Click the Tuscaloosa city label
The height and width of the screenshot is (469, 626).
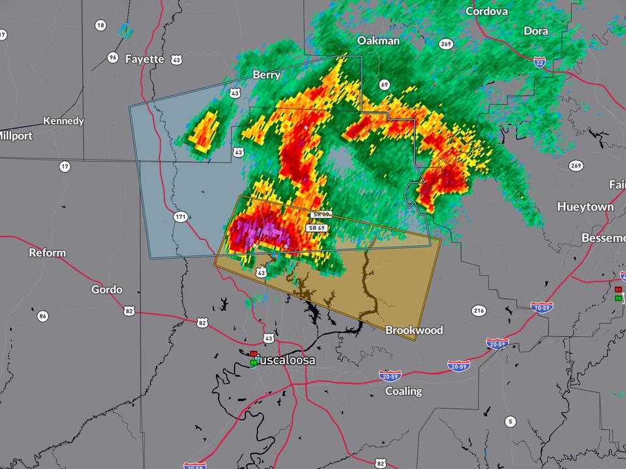(x=285, y=360)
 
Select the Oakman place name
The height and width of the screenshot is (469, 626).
(x=378, y=40)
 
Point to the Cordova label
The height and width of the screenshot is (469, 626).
(x=486, y=11)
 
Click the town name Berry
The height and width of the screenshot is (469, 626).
(x=266, y=75)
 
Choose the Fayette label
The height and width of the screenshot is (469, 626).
(x=144, y=59)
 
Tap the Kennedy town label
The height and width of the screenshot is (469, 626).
(x=63, y=121)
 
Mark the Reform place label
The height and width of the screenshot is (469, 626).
(x=47, y=253)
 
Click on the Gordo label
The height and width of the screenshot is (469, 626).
(x=106, y=289)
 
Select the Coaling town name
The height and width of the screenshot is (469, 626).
(x=403, y=391)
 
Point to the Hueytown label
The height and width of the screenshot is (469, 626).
(x=585, y=206)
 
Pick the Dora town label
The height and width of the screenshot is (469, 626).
(x=535, y=31)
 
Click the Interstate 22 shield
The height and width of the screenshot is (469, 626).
(x=539, y=62)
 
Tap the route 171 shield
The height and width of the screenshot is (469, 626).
(x=181, y=216)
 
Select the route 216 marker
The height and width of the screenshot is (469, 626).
(x=479, y=311)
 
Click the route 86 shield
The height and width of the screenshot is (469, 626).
(x=43, y=317)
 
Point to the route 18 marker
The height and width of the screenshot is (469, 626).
(x=100, y=25)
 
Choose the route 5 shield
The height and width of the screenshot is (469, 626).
(x=510, y=421)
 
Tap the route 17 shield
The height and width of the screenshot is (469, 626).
(x=64, y=167)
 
